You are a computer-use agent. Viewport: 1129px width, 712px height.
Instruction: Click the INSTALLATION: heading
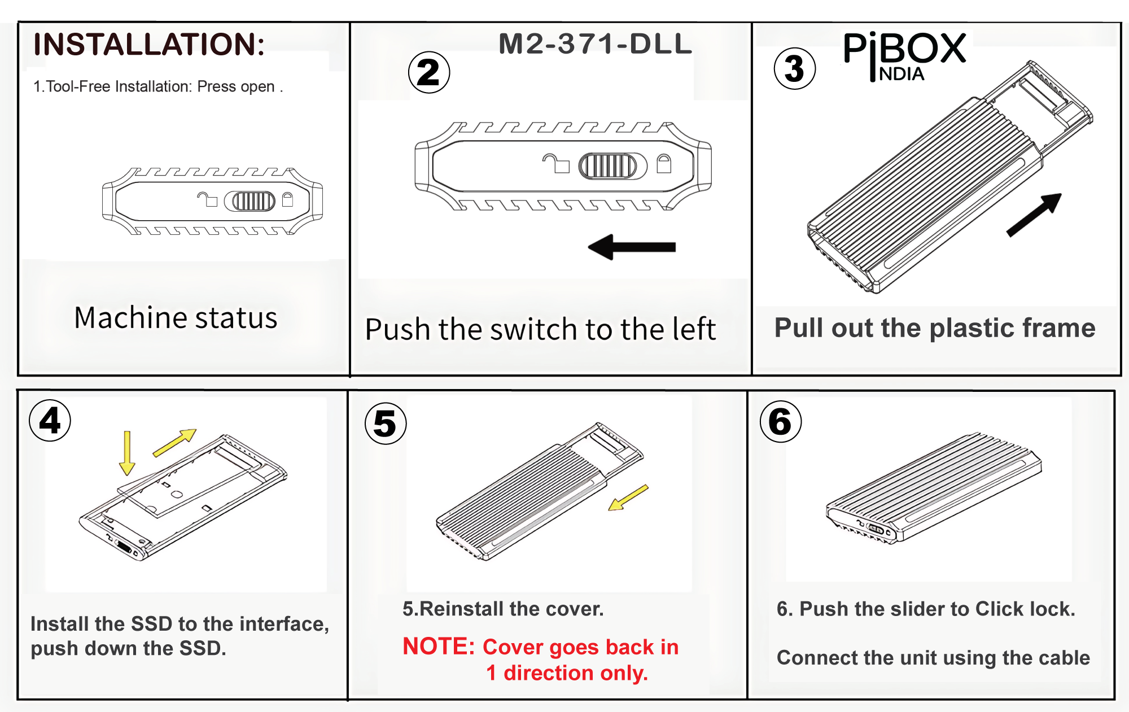tap(149, 45)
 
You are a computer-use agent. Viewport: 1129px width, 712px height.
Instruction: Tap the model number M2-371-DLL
tap(595, 44)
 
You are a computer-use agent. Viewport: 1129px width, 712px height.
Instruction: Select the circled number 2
tap(429, 73)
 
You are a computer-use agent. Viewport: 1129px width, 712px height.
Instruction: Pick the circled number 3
tap(794, 69)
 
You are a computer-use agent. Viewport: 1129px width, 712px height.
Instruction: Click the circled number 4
tap(50, 421)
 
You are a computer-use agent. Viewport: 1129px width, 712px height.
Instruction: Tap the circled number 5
tap(386, 423)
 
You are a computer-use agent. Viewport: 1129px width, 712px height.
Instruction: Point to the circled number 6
tap(781, 422)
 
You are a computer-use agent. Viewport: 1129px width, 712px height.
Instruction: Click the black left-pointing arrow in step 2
tap(632, 247)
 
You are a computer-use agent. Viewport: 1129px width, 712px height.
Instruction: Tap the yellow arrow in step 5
tap(628, 498)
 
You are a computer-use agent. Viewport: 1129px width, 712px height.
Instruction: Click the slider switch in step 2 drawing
tap(608, 166)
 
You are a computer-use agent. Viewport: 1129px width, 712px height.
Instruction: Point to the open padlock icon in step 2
tap(556, 164)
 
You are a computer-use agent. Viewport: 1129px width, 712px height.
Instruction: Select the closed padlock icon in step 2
tap(664, 164)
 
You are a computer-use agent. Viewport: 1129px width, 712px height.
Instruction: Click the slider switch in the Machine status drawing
tap(253, 201)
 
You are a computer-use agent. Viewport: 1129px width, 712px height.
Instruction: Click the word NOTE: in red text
tap(439, 647)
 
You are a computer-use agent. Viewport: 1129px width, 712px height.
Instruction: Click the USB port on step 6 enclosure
tap(877, 529)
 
